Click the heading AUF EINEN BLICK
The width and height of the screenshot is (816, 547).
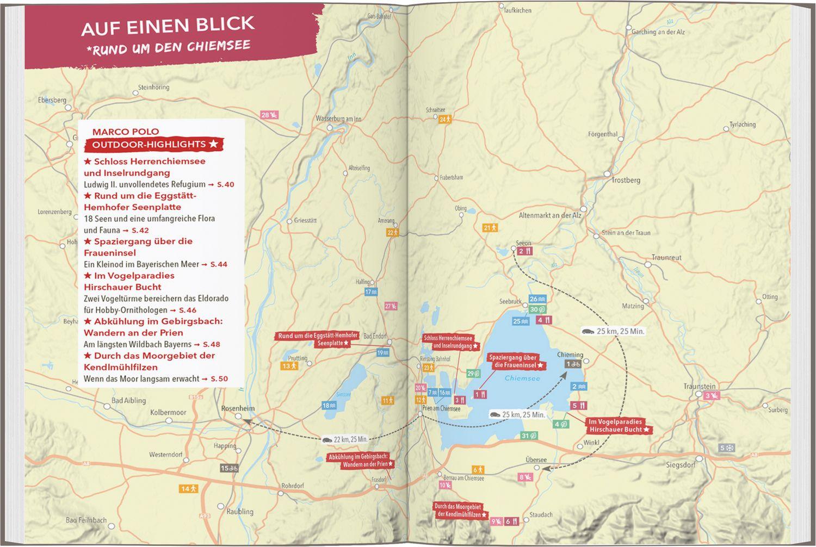click(168, 25)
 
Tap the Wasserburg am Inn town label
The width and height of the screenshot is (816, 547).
click(338, 118)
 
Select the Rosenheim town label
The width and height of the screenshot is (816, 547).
click(238, 408)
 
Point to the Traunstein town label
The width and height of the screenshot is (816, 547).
click(700, 387)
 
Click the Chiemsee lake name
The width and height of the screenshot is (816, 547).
click(522, 378)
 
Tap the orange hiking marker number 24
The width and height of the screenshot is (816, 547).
click(445, 119)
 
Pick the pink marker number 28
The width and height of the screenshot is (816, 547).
click(269, 115)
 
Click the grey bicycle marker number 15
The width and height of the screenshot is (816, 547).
click(229, 468)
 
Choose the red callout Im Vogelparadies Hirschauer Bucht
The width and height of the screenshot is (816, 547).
click(619, 425)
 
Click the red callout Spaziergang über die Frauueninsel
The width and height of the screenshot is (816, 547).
click(513, 362)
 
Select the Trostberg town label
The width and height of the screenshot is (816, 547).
click(626, 180)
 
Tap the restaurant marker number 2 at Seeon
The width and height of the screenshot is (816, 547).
click(524, 251)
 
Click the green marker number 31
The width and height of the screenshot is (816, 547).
click(529, 436)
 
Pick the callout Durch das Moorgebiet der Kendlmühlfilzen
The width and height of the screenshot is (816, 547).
click(460, 510)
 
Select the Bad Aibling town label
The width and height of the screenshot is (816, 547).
click(128, 400)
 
